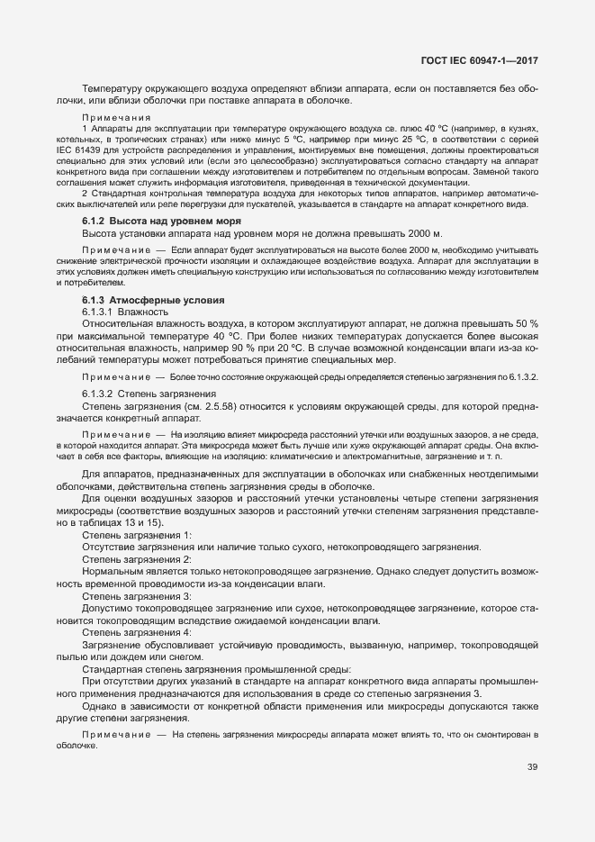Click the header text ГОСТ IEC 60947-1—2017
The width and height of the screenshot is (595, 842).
coord(485,60)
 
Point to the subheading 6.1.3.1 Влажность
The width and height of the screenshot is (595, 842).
coord(120,312)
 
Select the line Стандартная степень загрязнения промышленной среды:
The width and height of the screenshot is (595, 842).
coord(217,670)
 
